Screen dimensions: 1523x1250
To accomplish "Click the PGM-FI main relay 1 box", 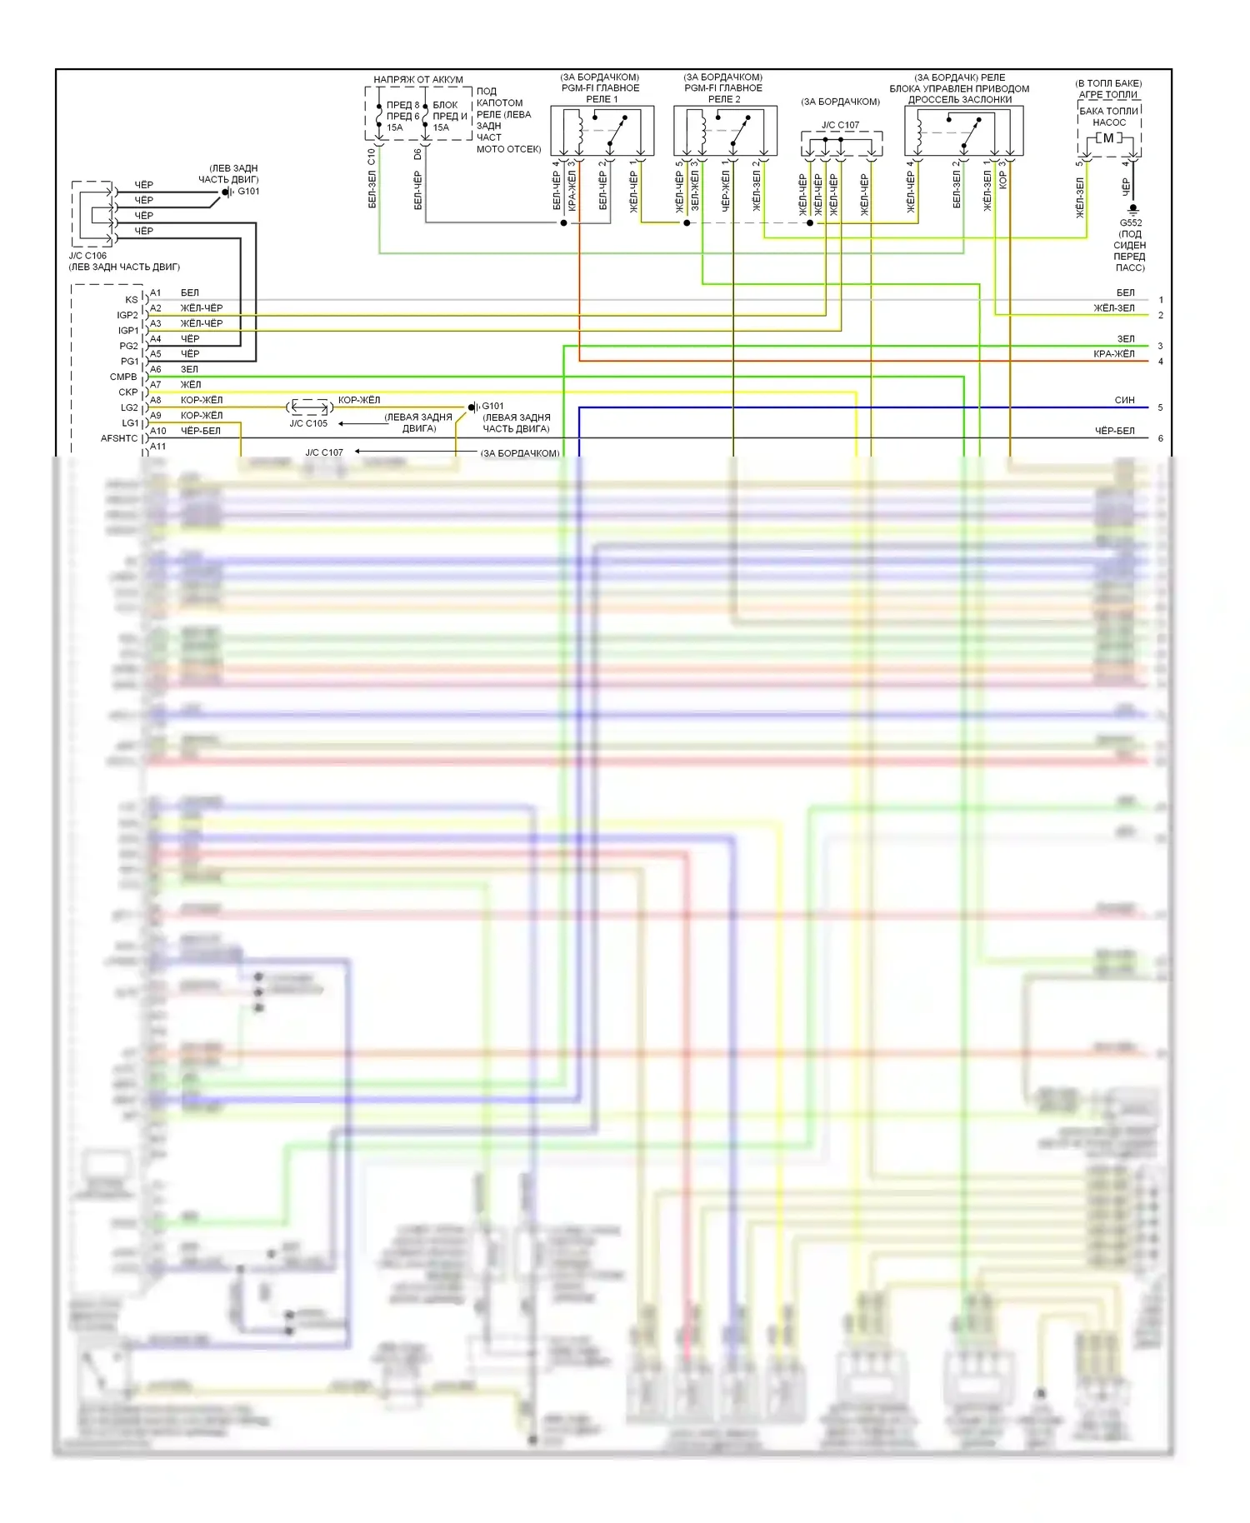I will coord(602,130).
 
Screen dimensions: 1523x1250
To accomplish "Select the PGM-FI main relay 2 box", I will coord(725,130).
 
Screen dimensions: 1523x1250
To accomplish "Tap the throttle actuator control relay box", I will coord(963,131).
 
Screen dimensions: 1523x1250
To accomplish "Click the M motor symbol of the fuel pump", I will coord(1108,138).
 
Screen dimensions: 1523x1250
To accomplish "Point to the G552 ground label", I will coord(1130,223).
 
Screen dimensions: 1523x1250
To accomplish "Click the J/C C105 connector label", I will coord(308,423).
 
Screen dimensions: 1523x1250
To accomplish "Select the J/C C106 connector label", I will coord(87,256).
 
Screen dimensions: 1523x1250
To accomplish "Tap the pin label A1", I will coord(156,293).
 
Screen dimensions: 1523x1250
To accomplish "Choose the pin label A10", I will coord(158,431).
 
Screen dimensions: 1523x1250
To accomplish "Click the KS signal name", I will coord(131,300).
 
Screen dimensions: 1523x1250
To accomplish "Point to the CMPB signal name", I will coord(123,377).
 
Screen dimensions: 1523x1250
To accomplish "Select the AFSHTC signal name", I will coord(119,438).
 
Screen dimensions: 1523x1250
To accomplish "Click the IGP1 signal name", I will coord(127,331).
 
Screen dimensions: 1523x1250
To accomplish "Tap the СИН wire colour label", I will coord(1124,400).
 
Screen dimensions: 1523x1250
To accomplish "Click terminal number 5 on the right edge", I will coord(1160,407).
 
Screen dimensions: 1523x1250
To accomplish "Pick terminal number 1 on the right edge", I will coord(1161,300).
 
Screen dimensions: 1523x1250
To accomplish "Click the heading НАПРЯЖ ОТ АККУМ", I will coord(417,80).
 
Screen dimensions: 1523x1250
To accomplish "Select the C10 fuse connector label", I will coord(372,155).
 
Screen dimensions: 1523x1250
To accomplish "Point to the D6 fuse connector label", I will coord(417,155).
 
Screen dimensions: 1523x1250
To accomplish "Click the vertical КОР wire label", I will coord(1002,180).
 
